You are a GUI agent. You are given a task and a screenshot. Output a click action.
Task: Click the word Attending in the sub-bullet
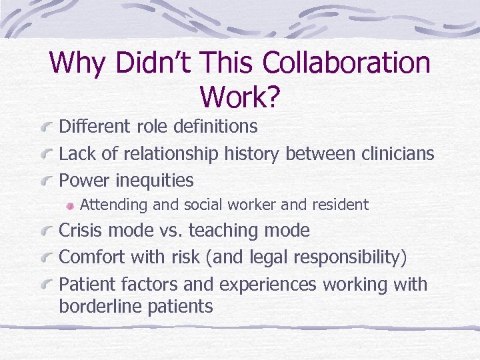click(119, 205)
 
